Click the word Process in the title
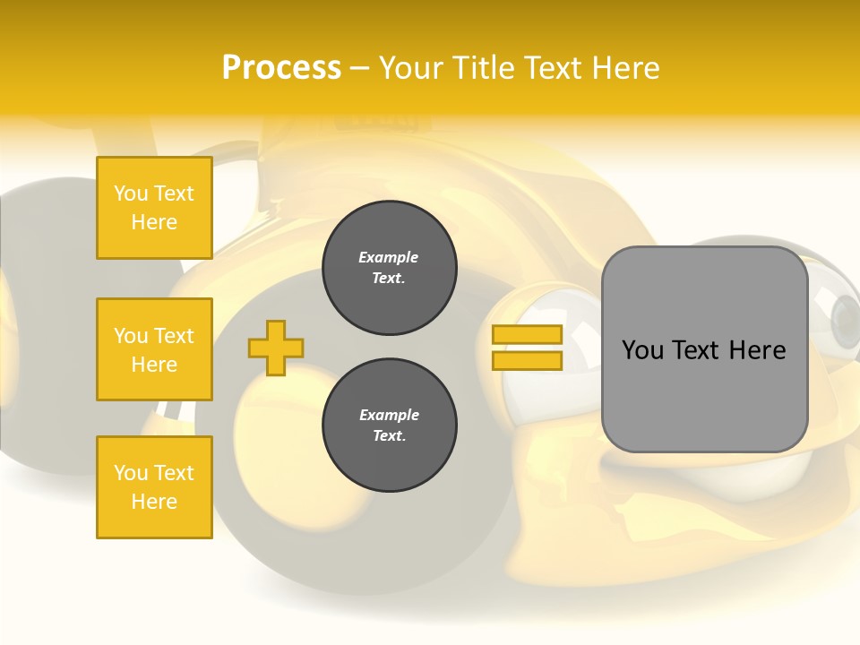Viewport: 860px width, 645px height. coord(281,68)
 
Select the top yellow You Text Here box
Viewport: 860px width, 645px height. coord(154,208)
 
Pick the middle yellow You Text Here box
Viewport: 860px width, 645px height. coord(154,349)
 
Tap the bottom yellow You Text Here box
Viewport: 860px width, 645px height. coord(154,487)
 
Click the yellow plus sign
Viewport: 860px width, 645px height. coord(276,348)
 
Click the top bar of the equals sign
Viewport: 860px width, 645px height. coord(527,335)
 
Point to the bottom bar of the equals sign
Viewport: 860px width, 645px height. coord(527,360)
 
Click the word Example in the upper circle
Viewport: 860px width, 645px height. coord(389,257)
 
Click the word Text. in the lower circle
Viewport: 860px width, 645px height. coord(389,436)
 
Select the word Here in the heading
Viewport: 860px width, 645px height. coord(624,68)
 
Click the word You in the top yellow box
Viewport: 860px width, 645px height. coord(131,193)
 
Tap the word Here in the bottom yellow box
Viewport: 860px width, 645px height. coord(154,502)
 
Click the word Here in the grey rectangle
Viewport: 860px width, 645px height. coord(758,350)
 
